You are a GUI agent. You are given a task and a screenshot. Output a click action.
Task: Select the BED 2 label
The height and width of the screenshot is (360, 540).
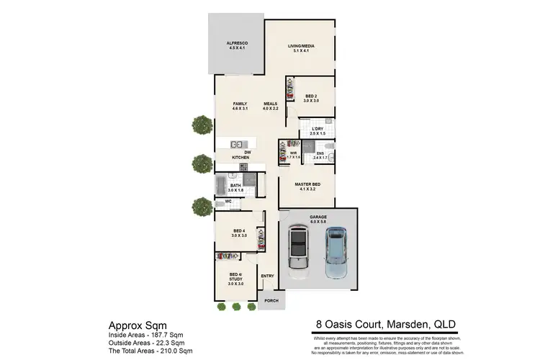point(311,96)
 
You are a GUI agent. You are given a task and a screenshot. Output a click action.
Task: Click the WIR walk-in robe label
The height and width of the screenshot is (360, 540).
point(293,153)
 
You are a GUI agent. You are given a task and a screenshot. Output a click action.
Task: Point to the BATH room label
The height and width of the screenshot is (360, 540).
point(235,186)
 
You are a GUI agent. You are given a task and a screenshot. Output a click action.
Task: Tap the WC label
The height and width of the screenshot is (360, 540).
point(228,202)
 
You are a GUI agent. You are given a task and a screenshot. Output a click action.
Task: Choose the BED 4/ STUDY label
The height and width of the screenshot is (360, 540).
point(235,277)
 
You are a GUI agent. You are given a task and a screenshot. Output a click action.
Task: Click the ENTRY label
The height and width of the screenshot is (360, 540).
point(267,275)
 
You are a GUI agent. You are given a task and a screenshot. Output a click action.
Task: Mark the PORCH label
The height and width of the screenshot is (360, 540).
point(271,300)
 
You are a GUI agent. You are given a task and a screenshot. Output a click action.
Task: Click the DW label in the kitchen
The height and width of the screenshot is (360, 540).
point(247,151)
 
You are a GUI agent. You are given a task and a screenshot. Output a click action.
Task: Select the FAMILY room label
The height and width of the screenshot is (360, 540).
point(240,105)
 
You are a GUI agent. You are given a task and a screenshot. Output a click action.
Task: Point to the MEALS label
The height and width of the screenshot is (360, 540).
point(270,105)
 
